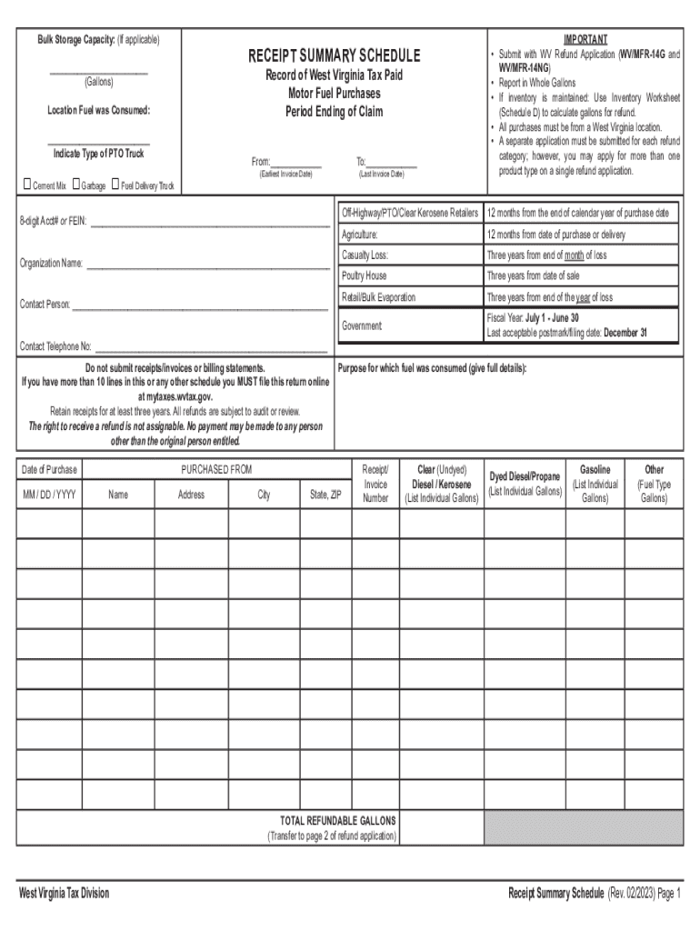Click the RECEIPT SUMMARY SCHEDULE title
pos(334,56)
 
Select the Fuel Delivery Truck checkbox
pos(115,185)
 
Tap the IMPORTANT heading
pos(585,40)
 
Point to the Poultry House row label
pos(365,275)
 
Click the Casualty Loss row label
pos(365,255)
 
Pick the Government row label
pos(362,325)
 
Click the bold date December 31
pos(625,333)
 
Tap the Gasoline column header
pos(595,470)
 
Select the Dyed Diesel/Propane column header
pos(525,476)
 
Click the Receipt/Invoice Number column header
pos(375,484)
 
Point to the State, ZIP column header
pos(325,495)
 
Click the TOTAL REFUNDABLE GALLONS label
pos(333,821)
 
